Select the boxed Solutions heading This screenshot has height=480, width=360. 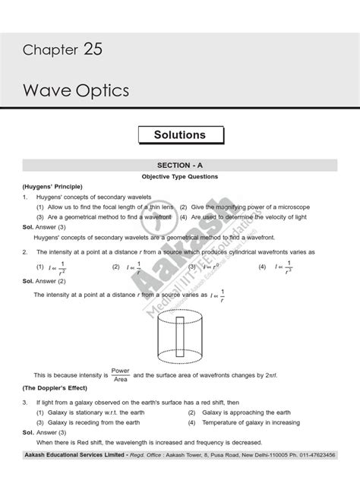click(x=179, y=134)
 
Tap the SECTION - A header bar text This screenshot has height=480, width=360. click(x=179, y=165)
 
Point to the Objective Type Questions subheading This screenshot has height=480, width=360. click(x=180, y=176)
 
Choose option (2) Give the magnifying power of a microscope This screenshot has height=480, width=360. click(x=242, y=207)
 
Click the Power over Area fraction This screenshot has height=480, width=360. click(x=121, y=375)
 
